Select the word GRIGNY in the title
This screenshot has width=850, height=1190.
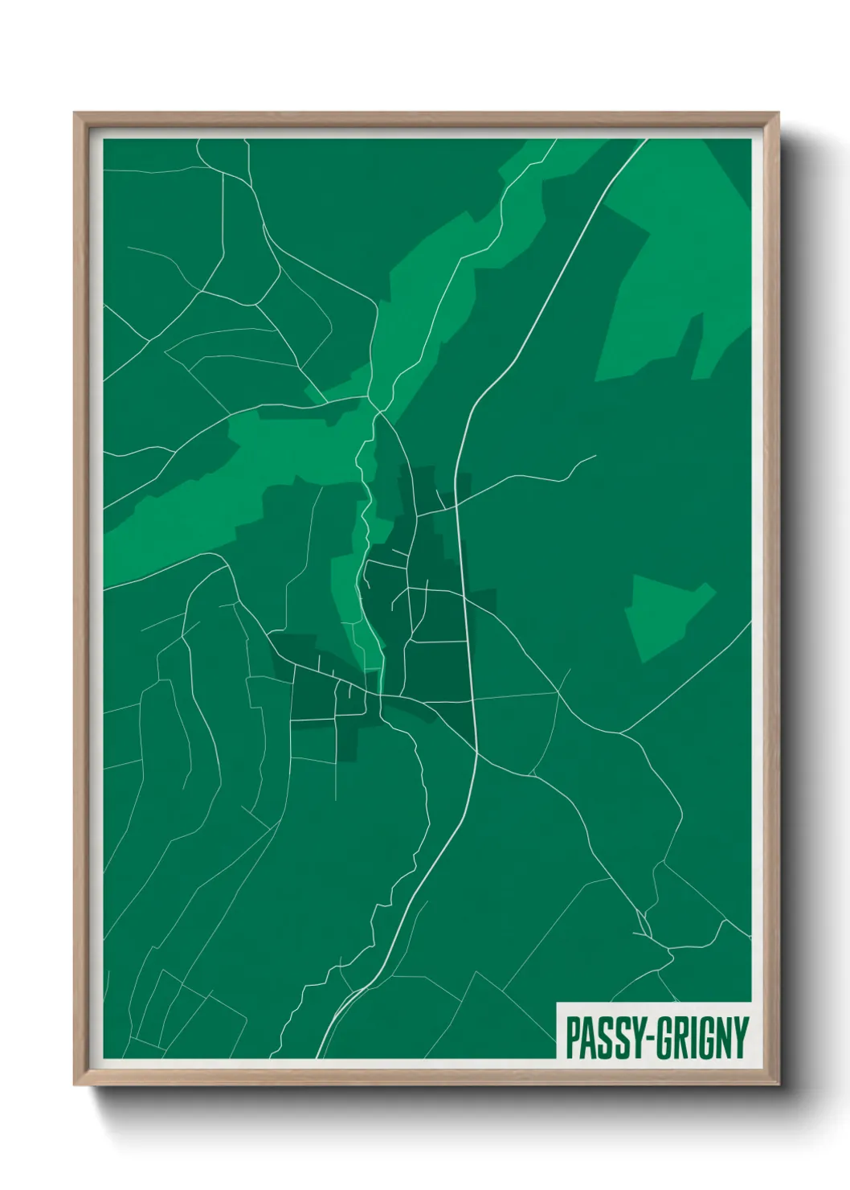point(702,1038)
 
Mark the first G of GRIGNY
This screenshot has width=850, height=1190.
point(664,1038)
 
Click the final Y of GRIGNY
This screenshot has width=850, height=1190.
point(740,1038)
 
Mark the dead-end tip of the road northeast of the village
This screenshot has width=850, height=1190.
point(595,456)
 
